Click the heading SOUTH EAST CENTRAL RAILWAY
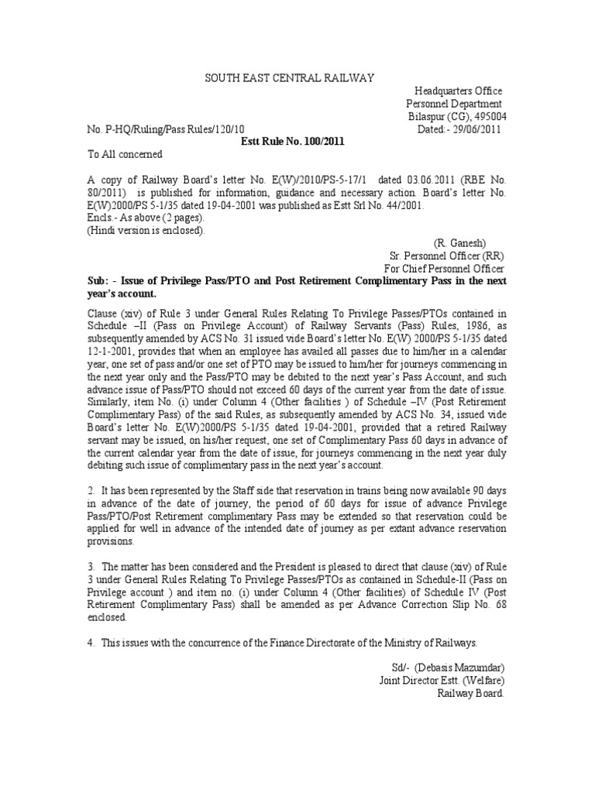(x=289, y=78)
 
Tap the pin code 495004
(x=487, y=116)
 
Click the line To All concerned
(x=124, y=154)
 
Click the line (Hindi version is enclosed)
(x=146, y=230)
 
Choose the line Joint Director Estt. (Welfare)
(x=442, y=680)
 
